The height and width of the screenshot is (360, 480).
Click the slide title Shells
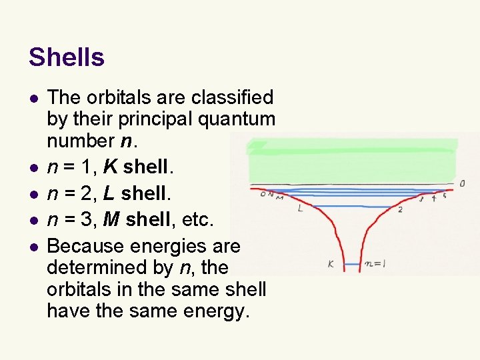67,58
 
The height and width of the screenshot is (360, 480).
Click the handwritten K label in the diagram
331,264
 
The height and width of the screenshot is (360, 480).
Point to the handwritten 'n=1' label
375,263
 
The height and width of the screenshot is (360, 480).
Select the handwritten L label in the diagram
300,209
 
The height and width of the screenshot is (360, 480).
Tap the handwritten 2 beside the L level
400,210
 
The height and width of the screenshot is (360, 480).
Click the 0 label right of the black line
462,183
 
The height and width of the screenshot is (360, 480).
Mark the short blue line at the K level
352,265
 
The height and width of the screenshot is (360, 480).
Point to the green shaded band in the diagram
352,160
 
